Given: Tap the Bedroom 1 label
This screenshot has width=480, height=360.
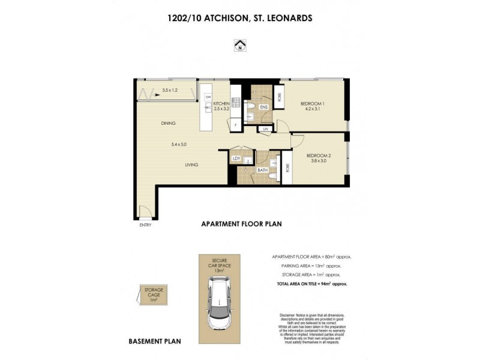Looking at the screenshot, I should tap(313, 103).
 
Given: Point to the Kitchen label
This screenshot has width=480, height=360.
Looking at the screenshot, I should tap(222, 103).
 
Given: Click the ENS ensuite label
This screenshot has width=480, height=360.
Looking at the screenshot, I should tap(263, 108).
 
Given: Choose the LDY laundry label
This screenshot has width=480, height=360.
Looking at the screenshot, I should tap(238, 158).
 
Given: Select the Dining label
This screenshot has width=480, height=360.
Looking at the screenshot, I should tap(168, 124).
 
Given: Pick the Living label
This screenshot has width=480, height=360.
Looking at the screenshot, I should tap(191, 165).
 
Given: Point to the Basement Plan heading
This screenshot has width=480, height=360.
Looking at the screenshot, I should tap(155, 341).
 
